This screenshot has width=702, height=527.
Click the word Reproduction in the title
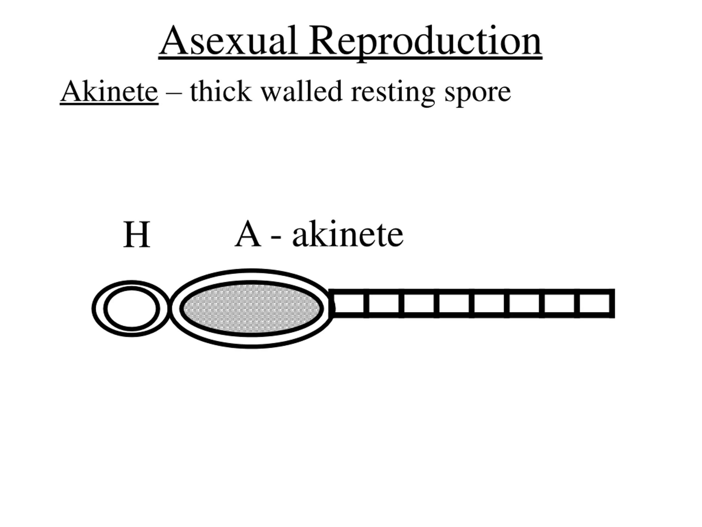point(425,41)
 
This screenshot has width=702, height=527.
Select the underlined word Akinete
point(109,92)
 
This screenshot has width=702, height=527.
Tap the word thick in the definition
point(220,92)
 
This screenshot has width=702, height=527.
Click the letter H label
point(137,235)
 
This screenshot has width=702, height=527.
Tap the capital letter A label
point(248,235)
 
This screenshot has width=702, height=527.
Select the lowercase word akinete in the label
point(347,235)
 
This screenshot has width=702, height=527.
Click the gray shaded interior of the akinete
point(251,308)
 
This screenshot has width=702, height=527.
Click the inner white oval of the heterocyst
point(132,308)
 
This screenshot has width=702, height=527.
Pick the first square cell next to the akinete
point(349,303)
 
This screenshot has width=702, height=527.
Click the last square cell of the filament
point(595,303)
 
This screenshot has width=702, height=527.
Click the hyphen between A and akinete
point(276,237)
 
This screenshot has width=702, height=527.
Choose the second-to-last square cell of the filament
point(559,303)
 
